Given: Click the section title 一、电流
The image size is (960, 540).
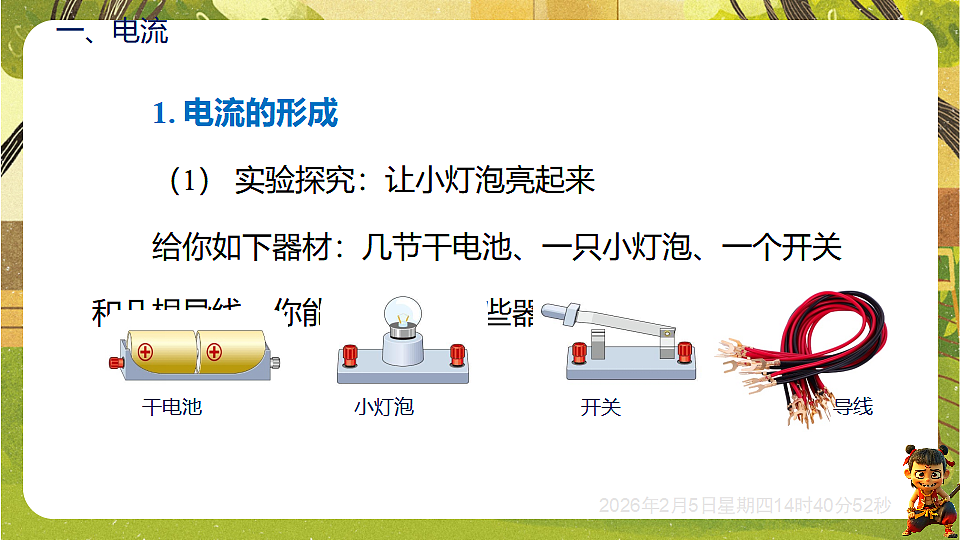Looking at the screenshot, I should [x=112, y=32].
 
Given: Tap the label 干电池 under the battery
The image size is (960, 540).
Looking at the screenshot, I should [x=172, y=407].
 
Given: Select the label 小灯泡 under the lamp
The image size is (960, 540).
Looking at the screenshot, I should [x=383, y=407].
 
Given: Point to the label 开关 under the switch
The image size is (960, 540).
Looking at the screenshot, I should [x=601, y=407].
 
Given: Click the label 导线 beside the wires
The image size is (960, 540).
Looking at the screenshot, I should [x=853, y=406].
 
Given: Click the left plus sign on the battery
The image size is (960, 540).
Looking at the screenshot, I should [x=145, y=352].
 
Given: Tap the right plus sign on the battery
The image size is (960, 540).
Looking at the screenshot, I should [x=214, y=352].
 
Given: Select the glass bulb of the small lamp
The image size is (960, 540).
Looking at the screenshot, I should [x=402, y=316].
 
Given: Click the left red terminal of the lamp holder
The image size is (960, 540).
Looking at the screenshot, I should [x=350, y=354].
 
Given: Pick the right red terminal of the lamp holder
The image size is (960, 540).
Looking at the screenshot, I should [x=457, y=354].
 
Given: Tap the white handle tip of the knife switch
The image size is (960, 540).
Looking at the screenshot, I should [x=553, y=311].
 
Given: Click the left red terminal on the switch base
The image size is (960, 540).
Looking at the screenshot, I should [x=578, y=351].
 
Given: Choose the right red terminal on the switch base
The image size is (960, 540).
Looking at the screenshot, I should [x=685, y=351].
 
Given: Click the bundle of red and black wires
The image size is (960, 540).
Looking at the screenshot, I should [x=800, y=350].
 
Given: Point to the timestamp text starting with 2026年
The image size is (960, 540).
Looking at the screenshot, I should [x=744, y=506].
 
